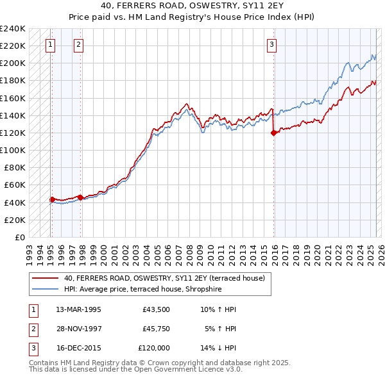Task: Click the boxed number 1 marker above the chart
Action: click(x=50, y=45)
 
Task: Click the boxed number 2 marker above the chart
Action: click(x=78, y=45)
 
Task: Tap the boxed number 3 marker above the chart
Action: click(x=272, y=45)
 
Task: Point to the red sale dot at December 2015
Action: click(x=274, y=133)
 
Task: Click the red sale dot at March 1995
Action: click(x=51, y=199)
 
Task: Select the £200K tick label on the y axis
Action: click(x=13, y=63)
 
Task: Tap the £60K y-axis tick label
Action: click(x=15, y=185)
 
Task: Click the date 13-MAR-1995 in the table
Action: click(x=78, y=309)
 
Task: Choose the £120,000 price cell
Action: click(x=154, y=348)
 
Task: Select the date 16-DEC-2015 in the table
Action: click(x=78, y=348)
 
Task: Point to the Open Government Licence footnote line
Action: click(x=135, y=370)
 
